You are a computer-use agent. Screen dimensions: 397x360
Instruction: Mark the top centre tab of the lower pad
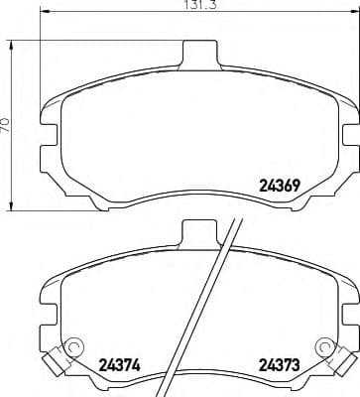pos(197,235)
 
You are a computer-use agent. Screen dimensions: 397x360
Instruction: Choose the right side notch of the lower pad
pos(353,298)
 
